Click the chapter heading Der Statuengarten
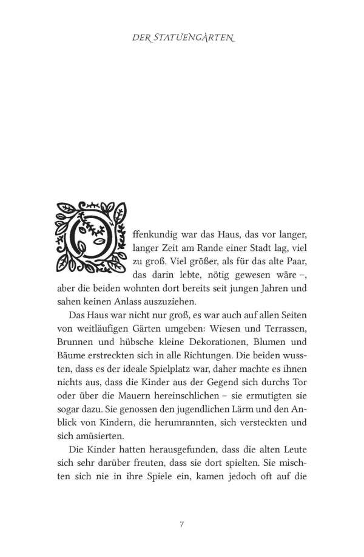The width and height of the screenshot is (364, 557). click(x=183, y=38)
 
